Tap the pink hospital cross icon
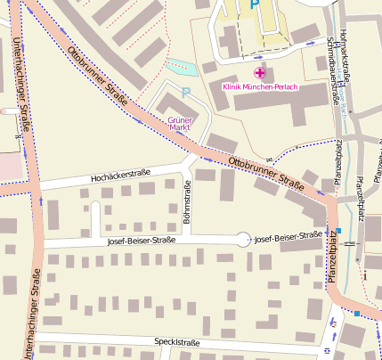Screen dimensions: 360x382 tap(260, 72)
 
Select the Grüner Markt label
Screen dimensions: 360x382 tap(180, 124)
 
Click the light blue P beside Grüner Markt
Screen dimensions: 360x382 tap(185, 91)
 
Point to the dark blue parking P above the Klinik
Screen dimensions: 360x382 tap(254, 5)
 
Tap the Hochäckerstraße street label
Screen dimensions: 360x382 tap(120, 176)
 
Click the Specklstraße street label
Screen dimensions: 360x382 tap(175, 342)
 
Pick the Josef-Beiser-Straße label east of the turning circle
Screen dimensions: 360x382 tap(288, 236)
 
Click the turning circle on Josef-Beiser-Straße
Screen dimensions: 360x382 tap(243, 238)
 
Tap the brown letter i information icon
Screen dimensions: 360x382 tap(364, 275)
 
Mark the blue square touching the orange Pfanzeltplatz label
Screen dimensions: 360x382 tap(339, 230)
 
